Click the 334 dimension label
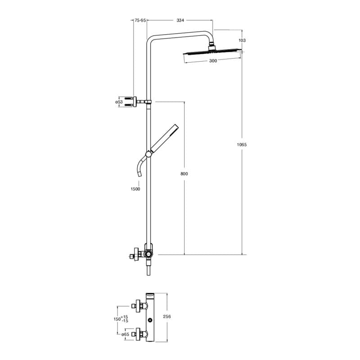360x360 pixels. pyautogui.click(x=180, y=20)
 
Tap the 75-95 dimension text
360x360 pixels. pyautogui.click(x=140, y=20)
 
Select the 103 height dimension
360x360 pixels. pyautogui.click(x=242, y=40)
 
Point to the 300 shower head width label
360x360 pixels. pyautogui.click(x=213, y=61)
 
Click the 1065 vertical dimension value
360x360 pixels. pyautogui.click(x=242, y=144)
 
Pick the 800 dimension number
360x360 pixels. pyautogui.click(x=184, y=174)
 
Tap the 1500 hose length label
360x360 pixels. pyautogui.click(x=135, y=189)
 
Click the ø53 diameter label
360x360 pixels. pyautogui.click(x=119, y=102)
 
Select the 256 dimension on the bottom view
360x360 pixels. pyautogui.click(x=167, y=316)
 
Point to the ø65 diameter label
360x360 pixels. pyautogui.click(x=125, y=334)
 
